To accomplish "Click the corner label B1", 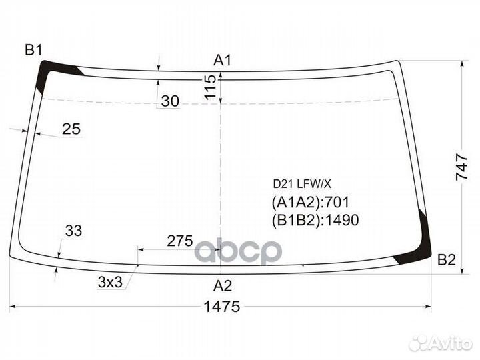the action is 33,50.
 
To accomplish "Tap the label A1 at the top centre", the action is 223,60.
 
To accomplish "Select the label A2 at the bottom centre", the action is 223,286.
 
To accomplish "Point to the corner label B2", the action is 447,260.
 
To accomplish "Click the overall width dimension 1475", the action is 222,307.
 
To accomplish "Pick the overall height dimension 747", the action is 462,167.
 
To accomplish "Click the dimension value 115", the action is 210,87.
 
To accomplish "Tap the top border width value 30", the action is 170,101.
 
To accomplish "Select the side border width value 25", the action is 71,129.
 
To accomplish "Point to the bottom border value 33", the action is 73,231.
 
